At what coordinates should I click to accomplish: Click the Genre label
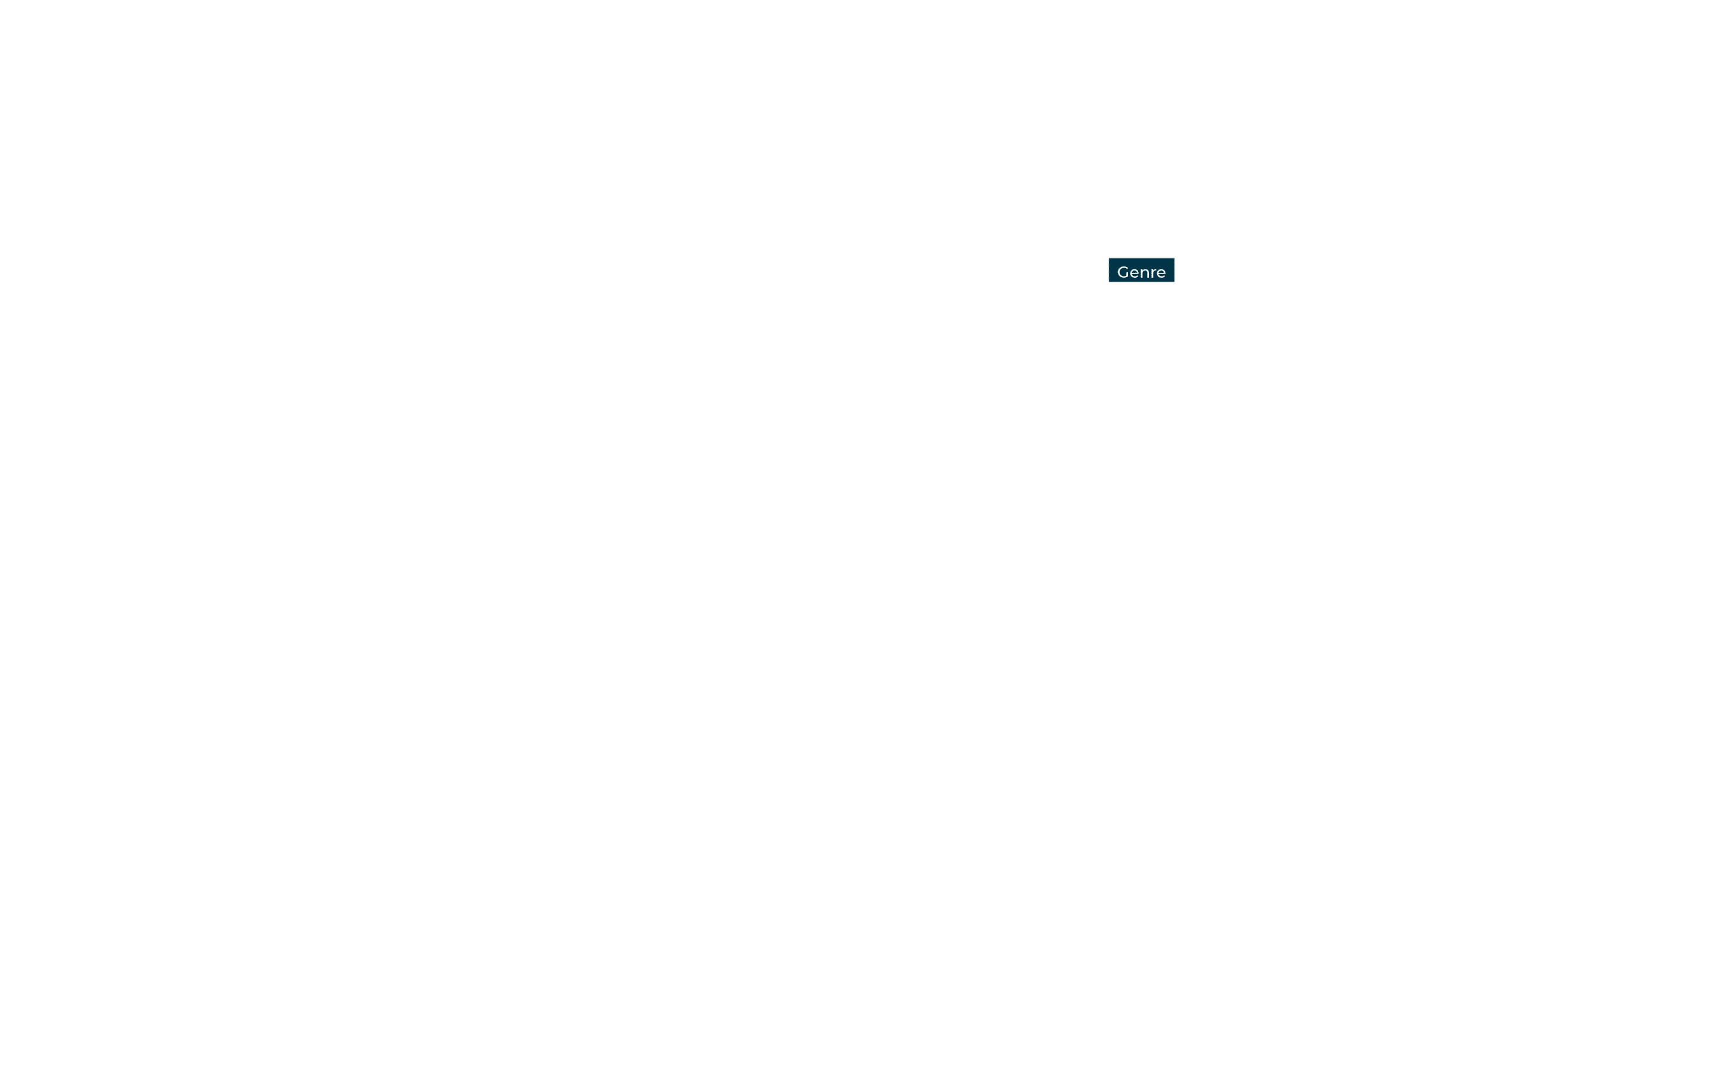(x=1141, y=270)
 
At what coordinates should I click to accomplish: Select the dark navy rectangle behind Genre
(x=1141, y=270)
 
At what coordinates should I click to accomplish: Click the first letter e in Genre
(x=1135, y=274)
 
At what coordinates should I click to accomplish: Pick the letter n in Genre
(x=1146, y=274)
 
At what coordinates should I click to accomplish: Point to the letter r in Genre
(x=1155, y=274)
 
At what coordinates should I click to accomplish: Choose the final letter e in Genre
(x=1161, y=274)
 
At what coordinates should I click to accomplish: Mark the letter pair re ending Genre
(x=1159, y=274)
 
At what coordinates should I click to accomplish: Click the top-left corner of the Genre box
(x=1109, y=258)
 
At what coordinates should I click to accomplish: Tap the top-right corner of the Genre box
(x=1174, y=258)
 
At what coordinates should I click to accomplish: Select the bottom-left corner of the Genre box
(x=1109, y=282)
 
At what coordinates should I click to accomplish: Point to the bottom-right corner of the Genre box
(x=1174, y=282)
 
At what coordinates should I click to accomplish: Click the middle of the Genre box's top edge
(x=1141, y=258)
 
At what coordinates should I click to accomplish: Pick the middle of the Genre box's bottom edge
(x=1141, y=282)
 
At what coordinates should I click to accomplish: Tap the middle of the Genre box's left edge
(x=1109, y=270)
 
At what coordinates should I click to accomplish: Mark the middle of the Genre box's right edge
(x=1174, y=270)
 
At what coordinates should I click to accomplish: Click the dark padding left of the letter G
(x=1113, y=270)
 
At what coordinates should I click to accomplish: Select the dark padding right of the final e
(x=1170, y=270)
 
